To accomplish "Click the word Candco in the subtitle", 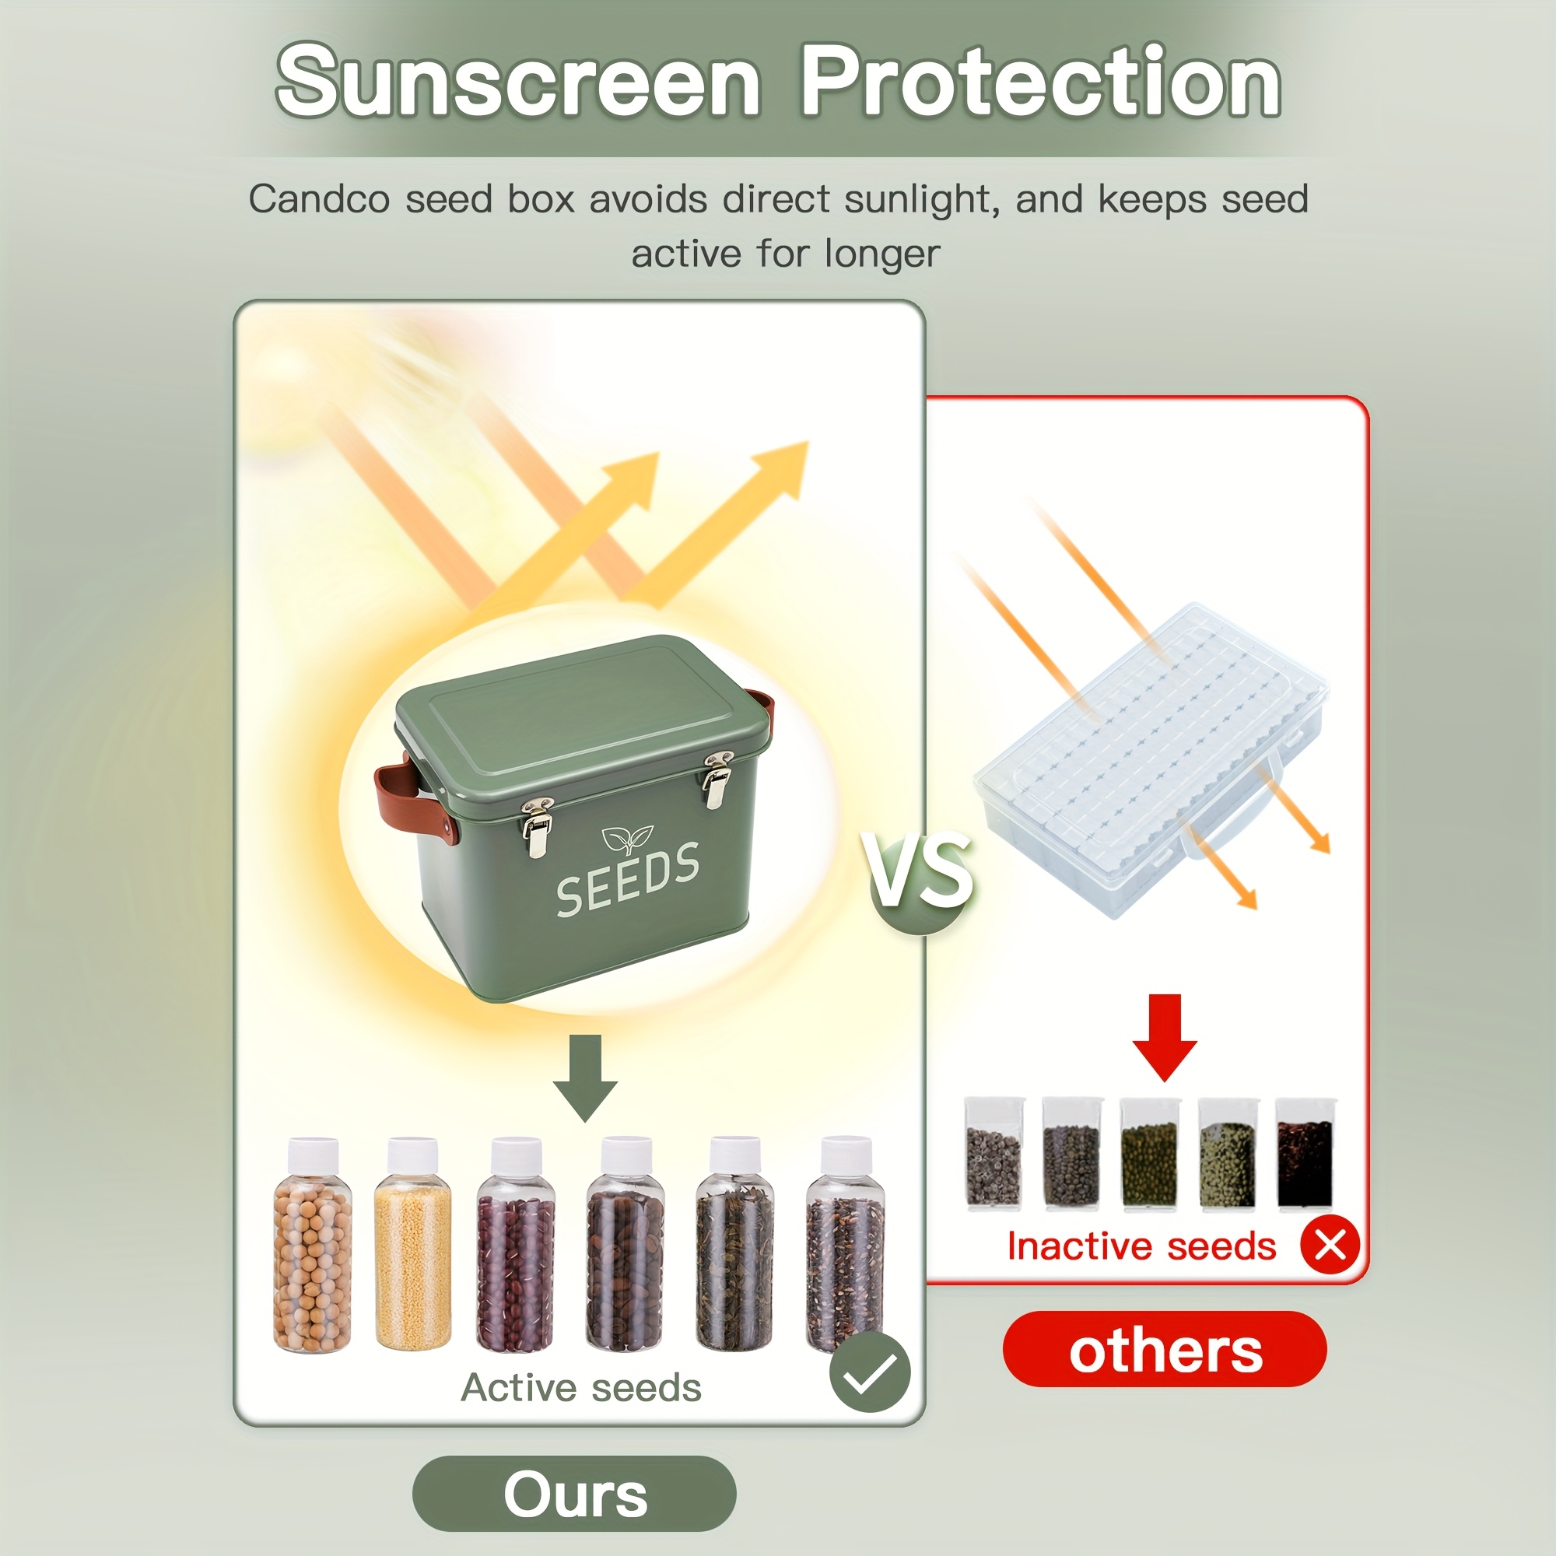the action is click(x=320, y=199).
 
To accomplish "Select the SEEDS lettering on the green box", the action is click(x=627, y=879).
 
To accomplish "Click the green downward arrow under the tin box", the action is click(x=586, y=1078).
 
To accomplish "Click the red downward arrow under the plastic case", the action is click(x=1165, y=1037).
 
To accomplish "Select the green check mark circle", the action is click(x=870, y=1372).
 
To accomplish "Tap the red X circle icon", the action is click(x=1330, y=1244).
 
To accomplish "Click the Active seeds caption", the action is click(x=580, y=1388).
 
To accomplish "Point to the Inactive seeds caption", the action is click(x=1141, y=1246).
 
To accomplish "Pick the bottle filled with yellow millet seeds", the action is click(x=413, y=1244).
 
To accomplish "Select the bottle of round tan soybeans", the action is click(x=313, y=1244).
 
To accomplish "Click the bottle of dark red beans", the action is click(x=516, y=1244).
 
